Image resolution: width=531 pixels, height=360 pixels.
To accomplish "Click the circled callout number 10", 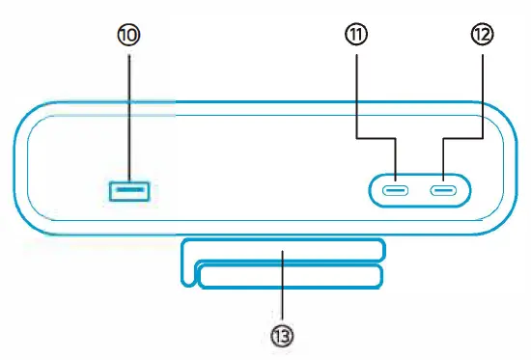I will (128, 35).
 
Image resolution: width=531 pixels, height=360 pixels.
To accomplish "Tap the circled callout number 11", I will (357, 35).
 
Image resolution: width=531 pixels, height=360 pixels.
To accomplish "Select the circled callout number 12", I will (480, 35).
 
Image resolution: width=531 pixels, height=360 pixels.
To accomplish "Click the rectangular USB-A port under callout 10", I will (129, 191).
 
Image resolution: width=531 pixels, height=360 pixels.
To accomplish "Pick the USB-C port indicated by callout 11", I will (395, 189).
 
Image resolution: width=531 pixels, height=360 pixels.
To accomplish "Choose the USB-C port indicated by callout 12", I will (444, 189).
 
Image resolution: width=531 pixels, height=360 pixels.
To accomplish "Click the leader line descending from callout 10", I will (128, 116).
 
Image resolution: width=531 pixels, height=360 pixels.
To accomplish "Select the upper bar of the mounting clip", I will (282, 250).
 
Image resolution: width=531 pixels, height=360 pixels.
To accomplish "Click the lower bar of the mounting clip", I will (290, 277).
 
